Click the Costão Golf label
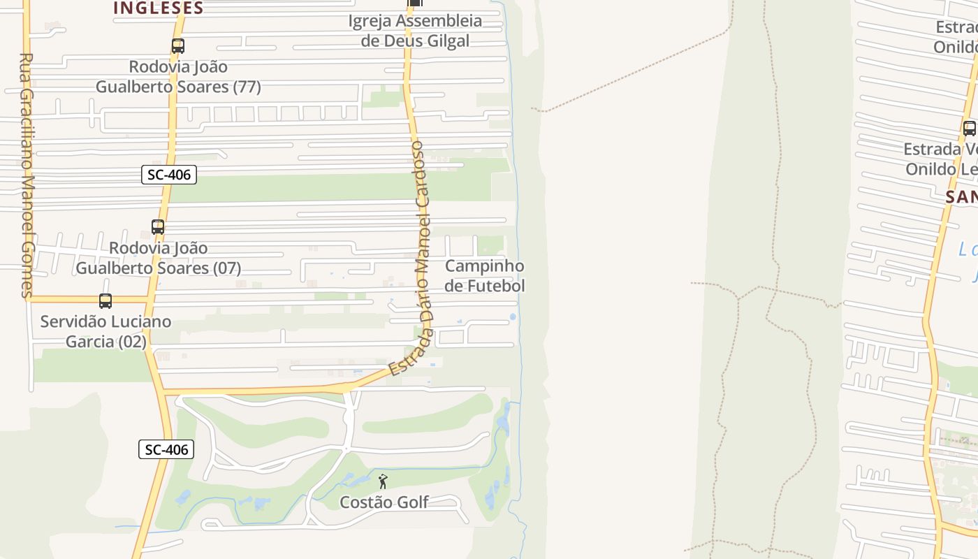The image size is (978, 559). tap(384, 502)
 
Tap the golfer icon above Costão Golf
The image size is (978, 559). tap(383, 481)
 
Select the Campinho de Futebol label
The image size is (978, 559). tap(484, 276)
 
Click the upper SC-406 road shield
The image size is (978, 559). tap(169, 175)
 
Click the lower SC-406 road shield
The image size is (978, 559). tap(166, 449)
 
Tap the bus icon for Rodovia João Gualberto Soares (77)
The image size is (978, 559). tap(178, 47)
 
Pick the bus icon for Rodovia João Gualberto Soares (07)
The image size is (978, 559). tap(158, 227)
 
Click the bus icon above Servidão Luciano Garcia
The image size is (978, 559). tap(105, 301)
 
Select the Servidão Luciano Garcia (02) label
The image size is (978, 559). tap(105, 332)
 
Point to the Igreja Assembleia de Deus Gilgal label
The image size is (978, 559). tap(415, 31)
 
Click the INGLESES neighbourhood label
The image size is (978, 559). tap(158, 8)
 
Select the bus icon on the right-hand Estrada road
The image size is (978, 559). tap(969, 129)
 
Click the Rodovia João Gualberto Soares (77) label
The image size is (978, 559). tap(178, 77)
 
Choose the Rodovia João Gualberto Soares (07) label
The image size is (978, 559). tap(159, 258)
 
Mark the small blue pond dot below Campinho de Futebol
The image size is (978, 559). tap(513, 317)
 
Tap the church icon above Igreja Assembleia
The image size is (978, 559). tap(415, 3)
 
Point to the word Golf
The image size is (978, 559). tap(413, 502)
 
